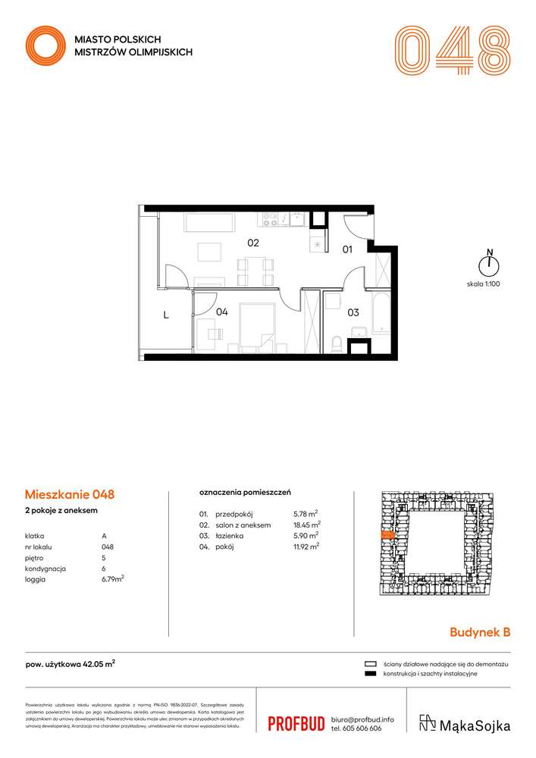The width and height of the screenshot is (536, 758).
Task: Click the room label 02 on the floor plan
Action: pos(253,243)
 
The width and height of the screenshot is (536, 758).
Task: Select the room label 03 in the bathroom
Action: pos(353,312)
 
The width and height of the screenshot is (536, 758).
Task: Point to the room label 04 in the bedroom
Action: pos(221,312)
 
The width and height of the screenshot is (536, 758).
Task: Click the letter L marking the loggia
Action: pos(165,318)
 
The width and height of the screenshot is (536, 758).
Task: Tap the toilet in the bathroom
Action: pos(337,343)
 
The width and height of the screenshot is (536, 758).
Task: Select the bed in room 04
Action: pos(257,328)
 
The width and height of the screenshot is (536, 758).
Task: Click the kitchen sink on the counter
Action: pos(296,219)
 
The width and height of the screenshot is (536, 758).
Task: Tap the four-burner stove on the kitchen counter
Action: pos(270,219)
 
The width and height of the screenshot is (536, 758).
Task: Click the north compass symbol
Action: pos(490,263)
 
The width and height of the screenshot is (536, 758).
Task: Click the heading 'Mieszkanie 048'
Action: pos(70,494)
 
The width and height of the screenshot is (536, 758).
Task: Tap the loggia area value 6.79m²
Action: pos(113,578)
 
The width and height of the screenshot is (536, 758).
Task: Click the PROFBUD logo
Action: pos(296,723)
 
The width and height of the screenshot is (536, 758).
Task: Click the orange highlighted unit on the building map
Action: pos(386,535)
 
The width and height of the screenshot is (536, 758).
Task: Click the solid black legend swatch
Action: pos(371,673)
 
